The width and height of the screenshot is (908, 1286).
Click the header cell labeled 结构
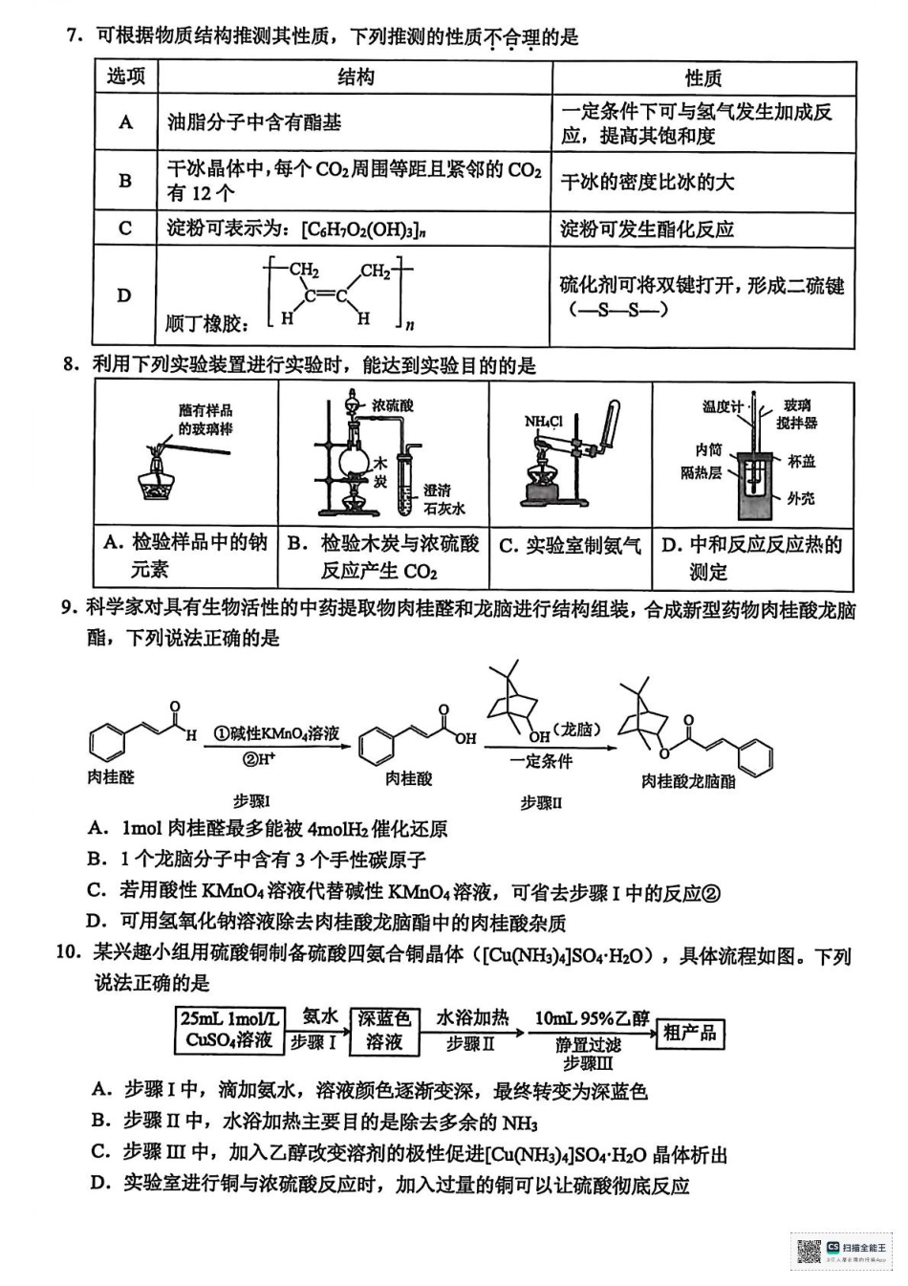click(x=355, y=77)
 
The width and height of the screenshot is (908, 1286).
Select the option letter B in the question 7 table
click(x=125, y=181)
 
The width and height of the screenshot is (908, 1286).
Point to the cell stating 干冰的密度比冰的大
click(x=647, y=182)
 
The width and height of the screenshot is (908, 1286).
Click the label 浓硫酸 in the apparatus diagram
click(x=394, y=405)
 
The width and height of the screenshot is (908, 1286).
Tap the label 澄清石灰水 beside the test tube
click(x=443, y=499)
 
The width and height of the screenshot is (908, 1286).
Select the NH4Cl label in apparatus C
click(x=543, y=421)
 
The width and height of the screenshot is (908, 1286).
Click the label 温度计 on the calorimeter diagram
click(x=722, y=406)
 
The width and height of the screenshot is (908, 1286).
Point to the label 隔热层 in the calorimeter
click(x=701, y=472)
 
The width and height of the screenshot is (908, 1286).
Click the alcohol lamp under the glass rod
click(x=153, y=479)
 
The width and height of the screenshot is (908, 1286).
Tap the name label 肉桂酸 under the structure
click(x=408, y=779)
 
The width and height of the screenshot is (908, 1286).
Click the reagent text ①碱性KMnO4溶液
click(x=275, y=733)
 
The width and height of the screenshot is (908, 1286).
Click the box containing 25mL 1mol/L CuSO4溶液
click(x=229, y=1030)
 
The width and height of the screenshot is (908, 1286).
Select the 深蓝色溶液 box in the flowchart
click(x=384, y=1030)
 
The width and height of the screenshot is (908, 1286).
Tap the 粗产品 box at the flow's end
click(x=688, y=1033)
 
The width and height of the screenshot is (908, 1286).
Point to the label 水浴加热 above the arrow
click(x=472, y=1017)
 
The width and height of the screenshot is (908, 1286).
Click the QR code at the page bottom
click(x=809, y=1252)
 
